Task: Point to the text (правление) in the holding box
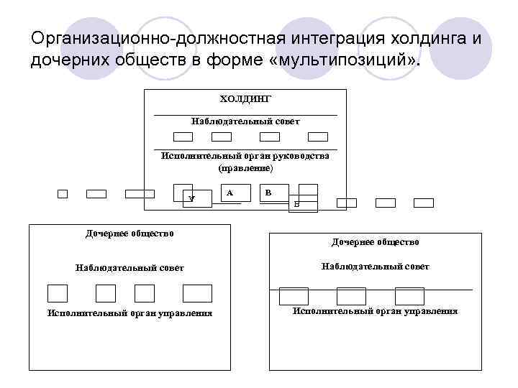click(x=245, y=167)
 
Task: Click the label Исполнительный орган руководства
click(x=245, y=156)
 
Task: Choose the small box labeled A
click(x=229, y=193)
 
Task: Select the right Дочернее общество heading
click(x=375, y=243)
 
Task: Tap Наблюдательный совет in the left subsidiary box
click(x=129, y=268)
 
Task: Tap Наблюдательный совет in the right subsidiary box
click(x=375, y=267)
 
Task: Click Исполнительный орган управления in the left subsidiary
click(x=129, y=313)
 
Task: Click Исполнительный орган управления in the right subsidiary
click(x=375, y=311)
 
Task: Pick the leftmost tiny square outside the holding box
click(x=63, y=193)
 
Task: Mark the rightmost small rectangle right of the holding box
click(x=424, y=203)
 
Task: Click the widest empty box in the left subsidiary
click(x=197, y=293)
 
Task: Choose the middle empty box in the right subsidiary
click(x=351, y=295)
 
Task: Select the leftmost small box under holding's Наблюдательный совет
click(x=183, y=137)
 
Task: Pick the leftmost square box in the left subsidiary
click(x=58, y=293)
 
